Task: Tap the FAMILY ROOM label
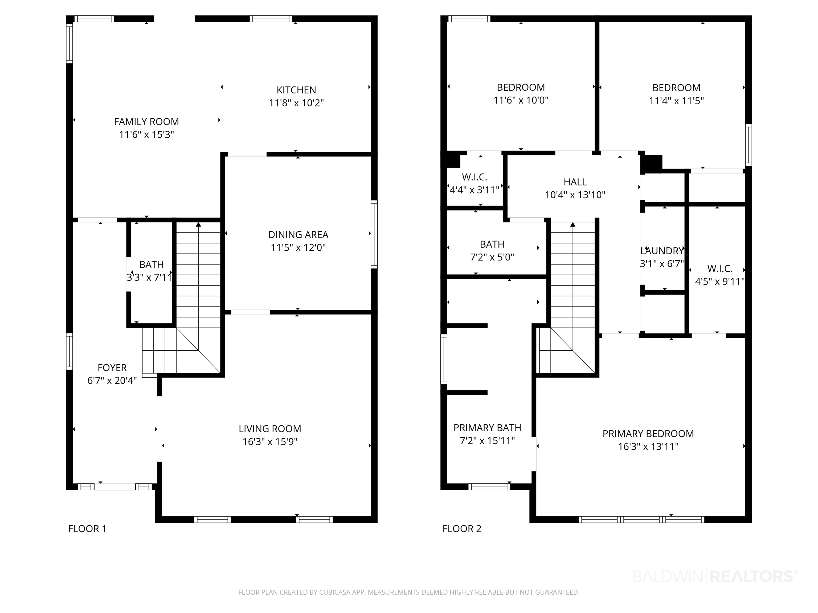[x=146, y=122]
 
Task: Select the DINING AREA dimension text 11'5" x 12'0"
[x=298, y=247]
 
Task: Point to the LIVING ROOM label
[x=270, y=429]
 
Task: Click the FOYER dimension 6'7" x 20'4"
[x=112, y=380]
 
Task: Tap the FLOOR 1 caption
[x=87, y=529]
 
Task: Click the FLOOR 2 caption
[x=462, y=529]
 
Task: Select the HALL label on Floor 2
[x=575, y=182]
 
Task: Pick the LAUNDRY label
[x=662, y=251]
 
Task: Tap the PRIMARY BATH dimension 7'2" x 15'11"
[x=487, y=440]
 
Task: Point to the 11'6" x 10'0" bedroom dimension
[x=521, y=100]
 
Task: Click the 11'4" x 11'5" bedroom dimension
[x=676, y=101]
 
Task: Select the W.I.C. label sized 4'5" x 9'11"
[x=720, y=269]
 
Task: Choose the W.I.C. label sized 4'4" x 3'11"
[x=475, y=177]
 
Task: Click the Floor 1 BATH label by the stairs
[x=152, y=264]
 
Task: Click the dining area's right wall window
[x=374, y=234]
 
